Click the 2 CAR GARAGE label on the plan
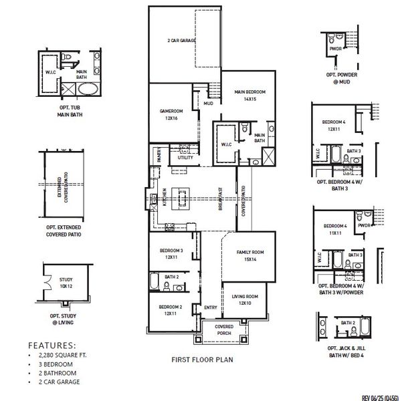[181, 41]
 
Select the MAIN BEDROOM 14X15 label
[249, 95]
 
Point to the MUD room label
[208, 104]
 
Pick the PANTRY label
[159, 156]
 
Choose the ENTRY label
[211, 307]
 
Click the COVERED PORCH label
[223, 330]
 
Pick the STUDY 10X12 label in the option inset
[66, 283]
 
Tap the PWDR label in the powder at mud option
[334, 48]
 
